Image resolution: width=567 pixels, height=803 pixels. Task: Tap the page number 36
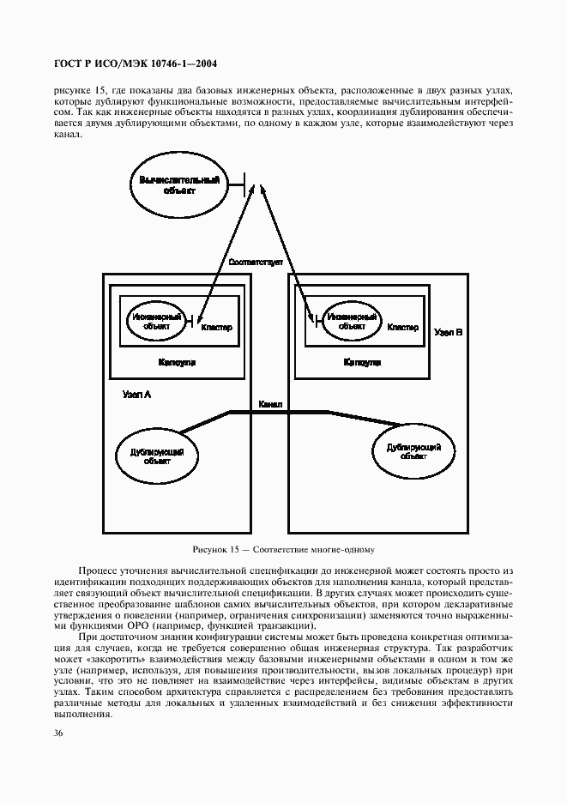click(x=58, y=733)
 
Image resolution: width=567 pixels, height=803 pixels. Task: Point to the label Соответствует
click(x=256, y=261)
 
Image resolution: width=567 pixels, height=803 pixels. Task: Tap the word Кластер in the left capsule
click(x=216, y=328)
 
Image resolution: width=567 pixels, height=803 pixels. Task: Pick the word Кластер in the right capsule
click(x=402, y=327)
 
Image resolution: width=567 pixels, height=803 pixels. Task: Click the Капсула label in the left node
click(x=178, y=363)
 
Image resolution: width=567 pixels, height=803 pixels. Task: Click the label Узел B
click(x=449, y=330)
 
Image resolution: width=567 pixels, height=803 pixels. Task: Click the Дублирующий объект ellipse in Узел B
click(x=413, y=451)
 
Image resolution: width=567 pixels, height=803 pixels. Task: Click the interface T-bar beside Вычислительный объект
click(x=243, y=184)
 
